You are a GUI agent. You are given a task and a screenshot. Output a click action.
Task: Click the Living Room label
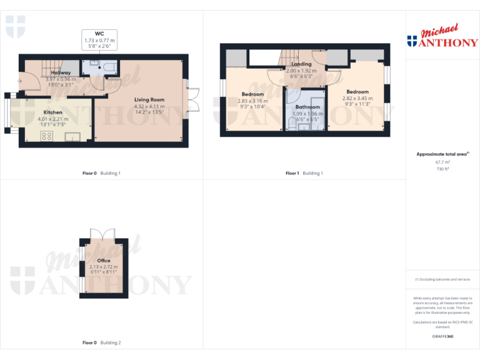149,99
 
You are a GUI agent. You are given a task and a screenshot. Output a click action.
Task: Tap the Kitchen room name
52,112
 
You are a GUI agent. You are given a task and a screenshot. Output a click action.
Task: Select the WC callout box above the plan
100,39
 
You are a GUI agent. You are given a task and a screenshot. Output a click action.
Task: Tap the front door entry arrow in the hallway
21,79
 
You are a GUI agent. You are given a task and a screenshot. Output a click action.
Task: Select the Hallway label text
61,72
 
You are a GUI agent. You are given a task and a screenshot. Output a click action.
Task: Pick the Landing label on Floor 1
301,64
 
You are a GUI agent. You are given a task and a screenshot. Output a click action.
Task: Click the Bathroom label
307,107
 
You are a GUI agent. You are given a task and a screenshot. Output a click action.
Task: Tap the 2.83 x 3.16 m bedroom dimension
252,101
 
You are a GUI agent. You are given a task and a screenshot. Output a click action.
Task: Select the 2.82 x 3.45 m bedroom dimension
357,98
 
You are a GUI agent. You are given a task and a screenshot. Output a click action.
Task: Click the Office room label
104,260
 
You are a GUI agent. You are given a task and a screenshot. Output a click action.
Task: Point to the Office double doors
103,233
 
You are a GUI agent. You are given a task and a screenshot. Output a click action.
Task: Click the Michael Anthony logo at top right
442,37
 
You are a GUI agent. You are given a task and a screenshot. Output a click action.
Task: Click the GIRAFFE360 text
442,336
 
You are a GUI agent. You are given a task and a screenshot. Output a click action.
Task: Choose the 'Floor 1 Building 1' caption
304,173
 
